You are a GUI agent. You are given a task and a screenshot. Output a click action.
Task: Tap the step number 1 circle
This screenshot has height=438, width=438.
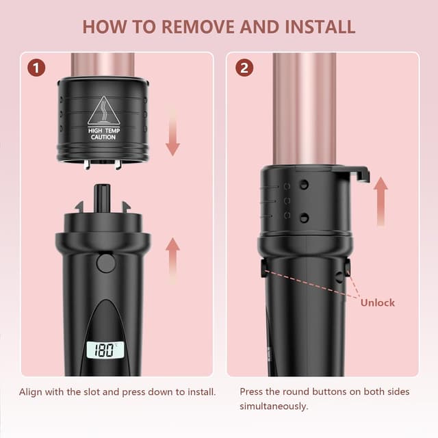point(38,68)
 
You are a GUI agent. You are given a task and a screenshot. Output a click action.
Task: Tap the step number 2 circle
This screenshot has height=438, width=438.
point(244,68)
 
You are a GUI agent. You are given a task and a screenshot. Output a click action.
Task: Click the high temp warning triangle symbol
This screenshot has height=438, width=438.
point(103,110)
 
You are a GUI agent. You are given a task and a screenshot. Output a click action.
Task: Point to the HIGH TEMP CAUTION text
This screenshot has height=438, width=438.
point(103,133)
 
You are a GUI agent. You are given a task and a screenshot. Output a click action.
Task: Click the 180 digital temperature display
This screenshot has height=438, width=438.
point(103,351)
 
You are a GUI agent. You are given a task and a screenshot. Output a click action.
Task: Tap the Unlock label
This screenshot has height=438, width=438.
point(378,302)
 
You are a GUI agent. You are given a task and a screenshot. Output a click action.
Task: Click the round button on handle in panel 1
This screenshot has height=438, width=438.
point(105,263)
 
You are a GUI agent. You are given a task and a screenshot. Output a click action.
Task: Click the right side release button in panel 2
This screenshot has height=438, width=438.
point(347,269)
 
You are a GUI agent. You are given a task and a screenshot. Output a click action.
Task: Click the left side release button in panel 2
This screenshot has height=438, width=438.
point(264,268)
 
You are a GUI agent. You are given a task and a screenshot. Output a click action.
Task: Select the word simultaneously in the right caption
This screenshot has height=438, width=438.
point(274,406)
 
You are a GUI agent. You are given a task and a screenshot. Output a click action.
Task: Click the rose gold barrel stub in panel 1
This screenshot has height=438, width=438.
point(103,64)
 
